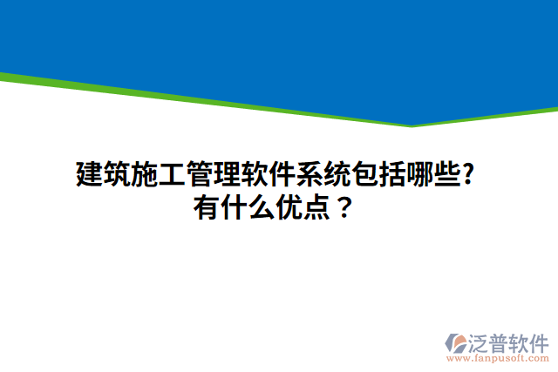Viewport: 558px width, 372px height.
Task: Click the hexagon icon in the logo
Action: click(x=458, y=342)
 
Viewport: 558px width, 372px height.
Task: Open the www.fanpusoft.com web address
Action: click(x=496, y=357)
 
